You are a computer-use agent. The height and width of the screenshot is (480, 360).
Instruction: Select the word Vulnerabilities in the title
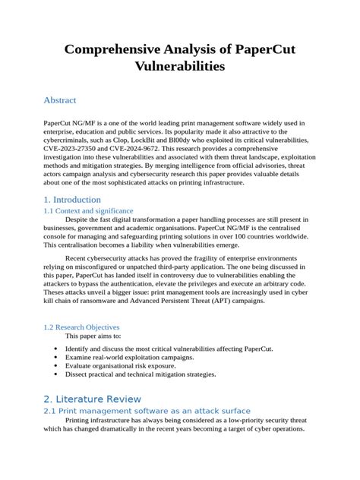click(x=179, y=67)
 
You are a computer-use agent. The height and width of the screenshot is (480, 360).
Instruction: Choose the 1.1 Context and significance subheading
click(x=88, y=210)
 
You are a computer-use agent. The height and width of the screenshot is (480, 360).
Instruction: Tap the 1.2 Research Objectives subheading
click(x=82, y=327)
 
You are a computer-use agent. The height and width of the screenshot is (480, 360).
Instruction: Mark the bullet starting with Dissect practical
click(x=141, y=374)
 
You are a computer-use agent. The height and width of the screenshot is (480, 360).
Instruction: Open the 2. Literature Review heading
click(x=93, y=399)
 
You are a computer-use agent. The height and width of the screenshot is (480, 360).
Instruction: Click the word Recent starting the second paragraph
click(x=79, y=260)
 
